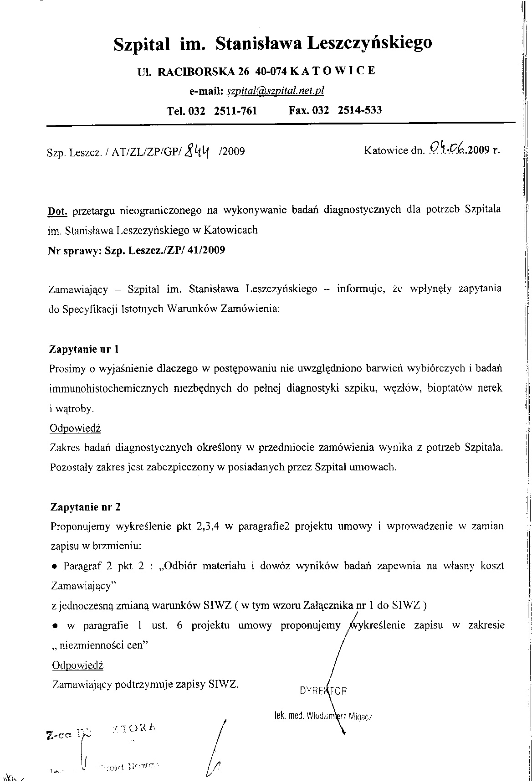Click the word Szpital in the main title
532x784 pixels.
click(x=142, y=44)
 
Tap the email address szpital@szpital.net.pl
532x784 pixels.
click(x=275, y=91)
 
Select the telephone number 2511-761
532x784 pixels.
click(x=235, y=110)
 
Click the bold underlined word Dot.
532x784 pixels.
click(x=58, y=211)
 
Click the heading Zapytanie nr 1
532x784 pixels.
click(x=84, y=350)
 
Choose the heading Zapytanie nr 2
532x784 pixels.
click(x=85, y=507)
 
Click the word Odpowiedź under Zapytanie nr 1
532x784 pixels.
click(x=75, y=428)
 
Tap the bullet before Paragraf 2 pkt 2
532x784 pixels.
click(x=54, y=567)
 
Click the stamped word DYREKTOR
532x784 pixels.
click(x=323, y=691)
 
